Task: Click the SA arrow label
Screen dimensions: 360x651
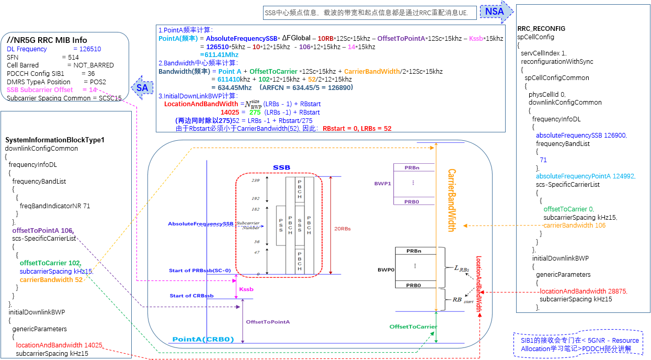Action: [142, 87]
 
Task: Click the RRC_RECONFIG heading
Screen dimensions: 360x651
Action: [541, 29]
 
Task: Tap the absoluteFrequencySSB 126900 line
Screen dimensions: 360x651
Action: [581, 135]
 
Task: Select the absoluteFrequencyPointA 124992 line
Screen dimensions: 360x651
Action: [586, 176]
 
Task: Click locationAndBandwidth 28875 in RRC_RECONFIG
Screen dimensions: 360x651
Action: [583, 291]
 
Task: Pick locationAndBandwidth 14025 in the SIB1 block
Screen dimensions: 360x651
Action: [59, 345]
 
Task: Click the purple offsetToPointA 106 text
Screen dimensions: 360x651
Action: [43, 230]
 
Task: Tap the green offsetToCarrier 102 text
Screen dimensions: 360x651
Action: [50, 263]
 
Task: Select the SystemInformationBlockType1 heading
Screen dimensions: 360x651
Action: [55, 140]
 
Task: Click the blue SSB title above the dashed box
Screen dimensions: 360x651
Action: [281, 167]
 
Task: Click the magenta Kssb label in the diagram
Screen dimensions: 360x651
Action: [246, 289]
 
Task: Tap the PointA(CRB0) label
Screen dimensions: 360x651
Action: [203, 339]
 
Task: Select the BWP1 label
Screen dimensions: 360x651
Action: [382, 184]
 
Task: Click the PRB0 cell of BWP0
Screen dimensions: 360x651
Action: [414, 285]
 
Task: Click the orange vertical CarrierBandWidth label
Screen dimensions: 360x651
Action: [451, 200]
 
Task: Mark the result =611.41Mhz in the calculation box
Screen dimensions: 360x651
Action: [220, 54]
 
